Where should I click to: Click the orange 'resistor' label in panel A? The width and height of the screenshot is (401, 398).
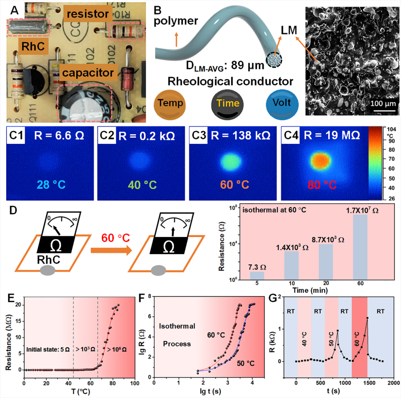click(88, 14)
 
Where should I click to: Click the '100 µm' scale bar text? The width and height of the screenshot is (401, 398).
click(382, 103)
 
